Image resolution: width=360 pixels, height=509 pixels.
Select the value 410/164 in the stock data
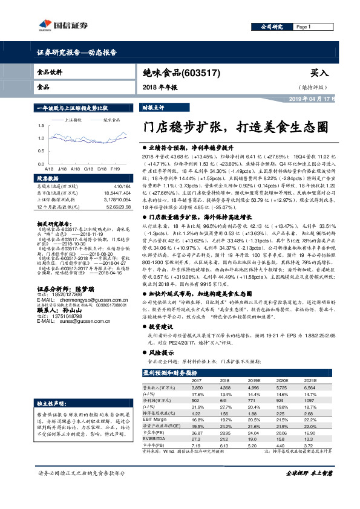(122, 186)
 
